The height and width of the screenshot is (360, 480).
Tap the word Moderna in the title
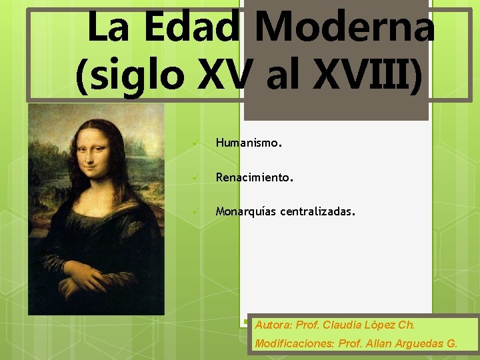coord(344,28)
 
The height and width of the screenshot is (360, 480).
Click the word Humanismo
coord(248,143)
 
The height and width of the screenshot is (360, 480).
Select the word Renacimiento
coord(253,178)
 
